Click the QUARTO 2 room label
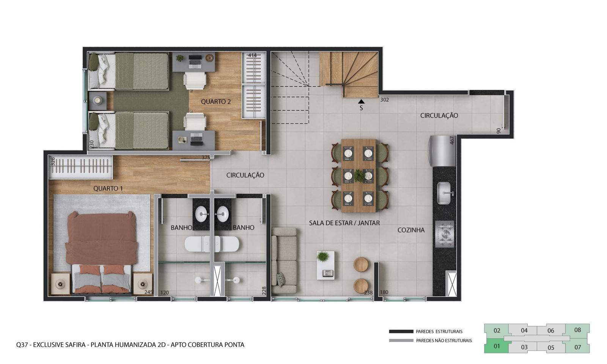pos(215,102)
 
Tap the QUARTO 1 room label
pos(108,188)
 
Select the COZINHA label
pos(411,230)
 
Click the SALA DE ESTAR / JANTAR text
pos(344,223)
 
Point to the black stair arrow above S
pos(361,101)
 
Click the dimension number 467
pos(452,140)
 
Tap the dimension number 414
pos(252,55)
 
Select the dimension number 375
pos(206,157)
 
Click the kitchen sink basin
pos(444,193)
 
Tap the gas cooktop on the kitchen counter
pos(444,234)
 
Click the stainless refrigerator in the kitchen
pos(442,151)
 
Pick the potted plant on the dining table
pos(359,175)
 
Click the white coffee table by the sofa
pos(326,265)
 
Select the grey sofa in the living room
pos(284,260)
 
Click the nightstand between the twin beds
pos(97,101)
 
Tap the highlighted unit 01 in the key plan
pos(496,346)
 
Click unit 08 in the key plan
pos(577,330)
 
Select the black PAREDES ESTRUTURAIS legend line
pos(401,331)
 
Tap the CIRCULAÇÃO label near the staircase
pos(439,116)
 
